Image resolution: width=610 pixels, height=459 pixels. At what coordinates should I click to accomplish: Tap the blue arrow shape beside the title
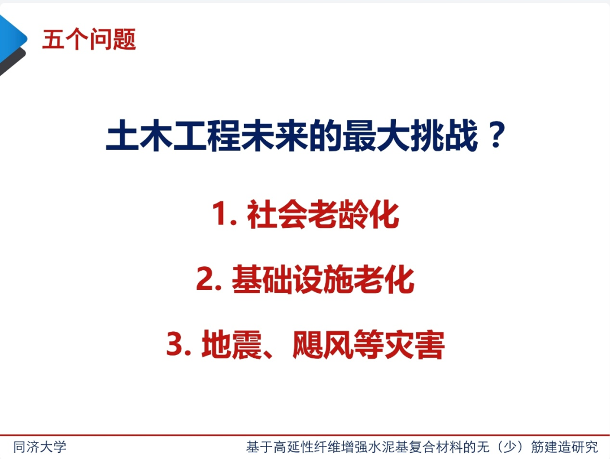click(12, 37)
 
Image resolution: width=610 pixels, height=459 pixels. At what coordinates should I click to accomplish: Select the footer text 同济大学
click(40, 447)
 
